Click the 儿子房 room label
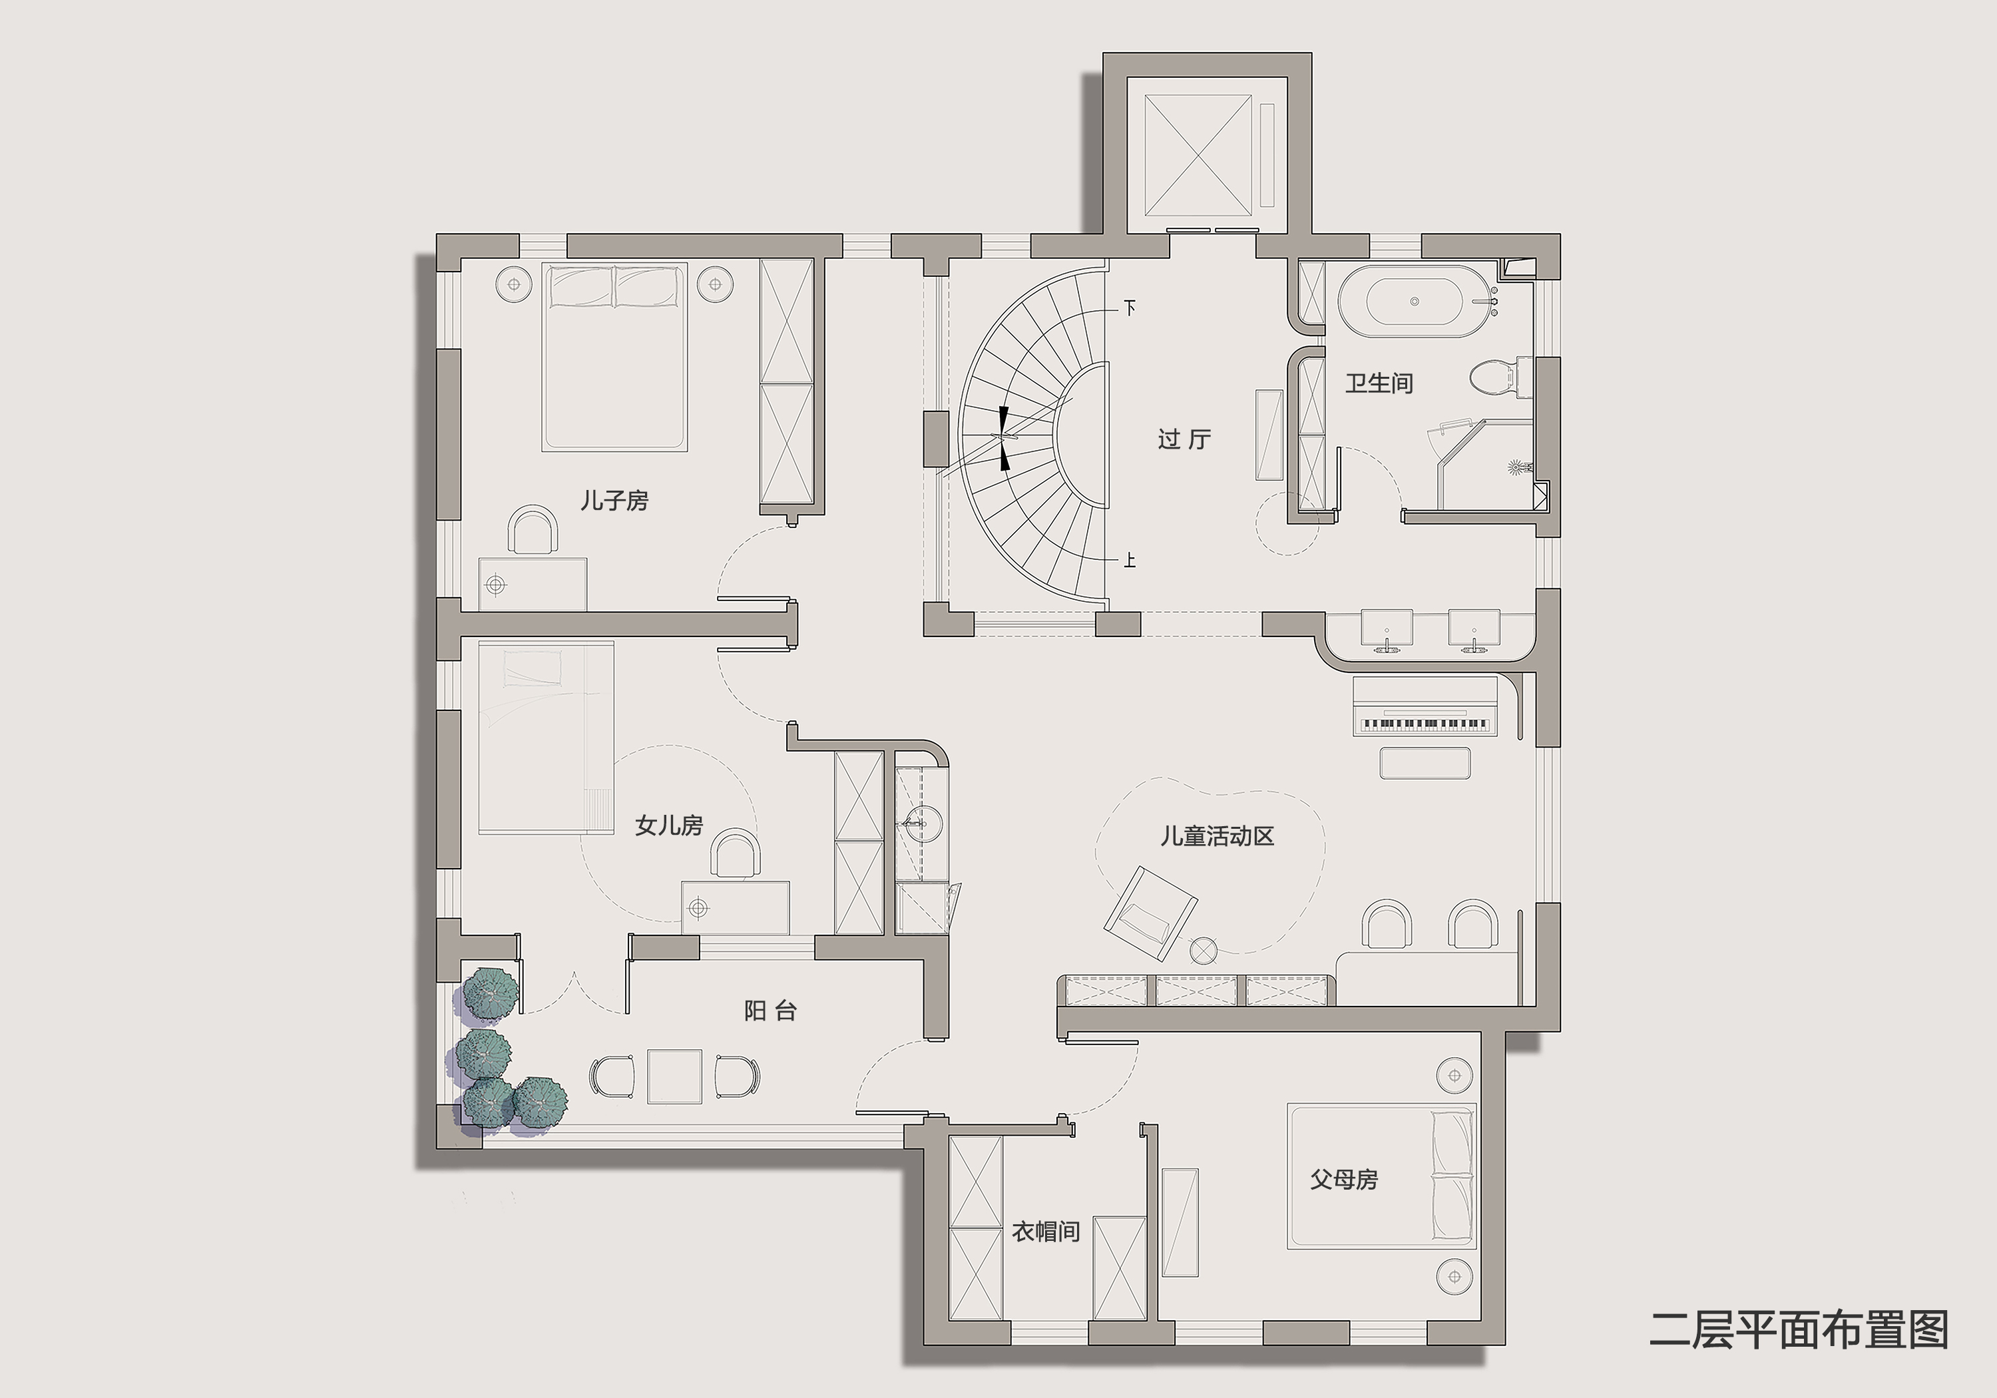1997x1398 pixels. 614,501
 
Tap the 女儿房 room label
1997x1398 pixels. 669,825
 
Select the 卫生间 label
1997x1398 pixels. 1379,383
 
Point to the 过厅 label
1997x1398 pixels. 1184,439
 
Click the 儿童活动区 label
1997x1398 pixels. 1217,837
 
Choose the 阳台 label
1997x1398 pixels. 771,1011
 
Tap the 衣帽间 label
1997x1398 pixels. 1046,1232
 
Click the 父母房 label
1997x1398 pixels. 1344,1180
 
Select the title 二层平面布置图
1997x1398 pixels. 1799,1330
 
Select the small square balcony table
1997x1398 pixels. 674,1077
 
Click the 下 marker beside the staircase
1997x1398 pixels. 1130,308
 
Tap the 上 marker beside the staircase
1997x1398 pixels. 1130,561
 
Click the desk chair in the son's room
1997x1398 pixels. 533,531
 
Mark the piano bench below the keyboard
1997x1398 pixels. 1425,763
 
